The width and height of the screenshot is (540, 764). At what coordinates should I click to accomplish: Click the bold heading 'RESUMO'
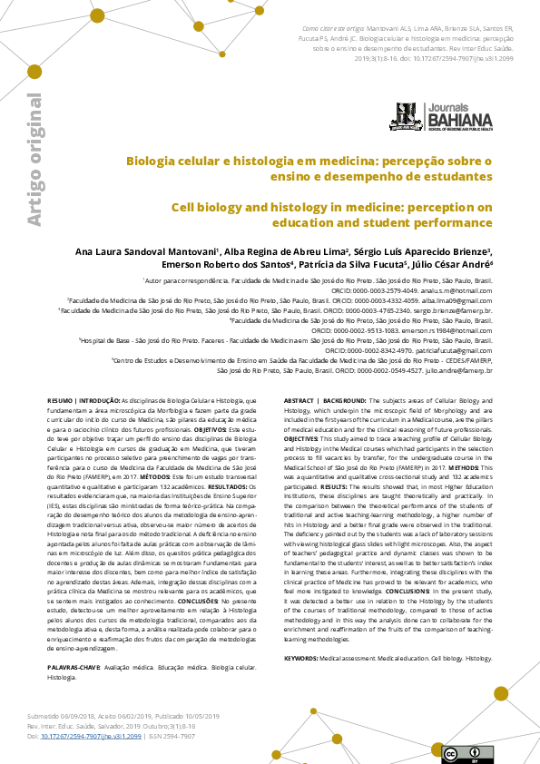62,400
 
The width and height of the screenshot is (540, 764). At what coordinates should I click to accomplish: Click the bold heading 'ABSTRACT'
299,400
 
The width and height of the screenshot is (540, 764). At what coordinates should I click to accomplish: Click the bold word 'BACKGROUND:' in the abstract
344,400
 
